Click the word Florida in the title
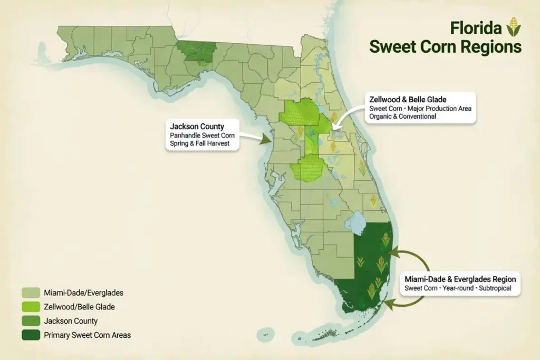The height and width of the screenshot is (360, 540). pyautogui.click(x=476, y=27)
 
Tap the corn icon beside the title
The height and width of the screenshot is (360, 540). pyautogui.click(x=513, y=26)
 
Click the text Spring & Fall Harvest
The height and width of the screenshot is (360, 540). pyautogui.click(x=200, y=143)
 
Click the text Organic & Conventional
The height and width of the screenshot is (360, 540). pyautogui.click(x=402, y=116)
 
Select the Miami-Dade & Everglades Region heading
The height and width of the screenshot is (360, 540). pyautogui.click(x=460, y=278)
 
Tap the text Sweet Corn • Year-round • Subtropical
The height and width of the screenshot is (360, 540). pyautogui.click(x=458, y=289)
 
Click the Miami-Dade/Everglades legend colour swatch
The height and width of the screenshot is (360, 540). pyautogui.click(x=31, y=292)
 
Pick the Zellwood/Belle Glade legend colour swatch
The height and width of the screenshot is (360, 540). pyautogui.click(x=31, y=306)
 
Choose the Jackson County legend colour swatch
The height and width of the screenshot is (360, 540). pyautogui.click(x=31, y=320)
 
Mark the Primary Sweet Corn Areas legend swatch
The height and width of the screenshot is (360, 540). pyautogui.click(x=31, y=335)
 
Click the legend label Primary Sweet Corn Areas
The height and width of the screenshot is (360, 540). pyautogui.click(x=87, y=335)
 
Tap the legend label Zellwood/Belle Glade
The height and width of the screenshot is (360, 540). pyautogui.click(x=80, y=306)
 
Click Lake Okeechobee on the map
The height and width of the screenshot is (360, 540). pyautogui.click(x=358, y=223)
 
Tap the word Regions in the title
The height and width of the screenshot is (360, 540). pyautogui.click(x=489, y=46)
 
